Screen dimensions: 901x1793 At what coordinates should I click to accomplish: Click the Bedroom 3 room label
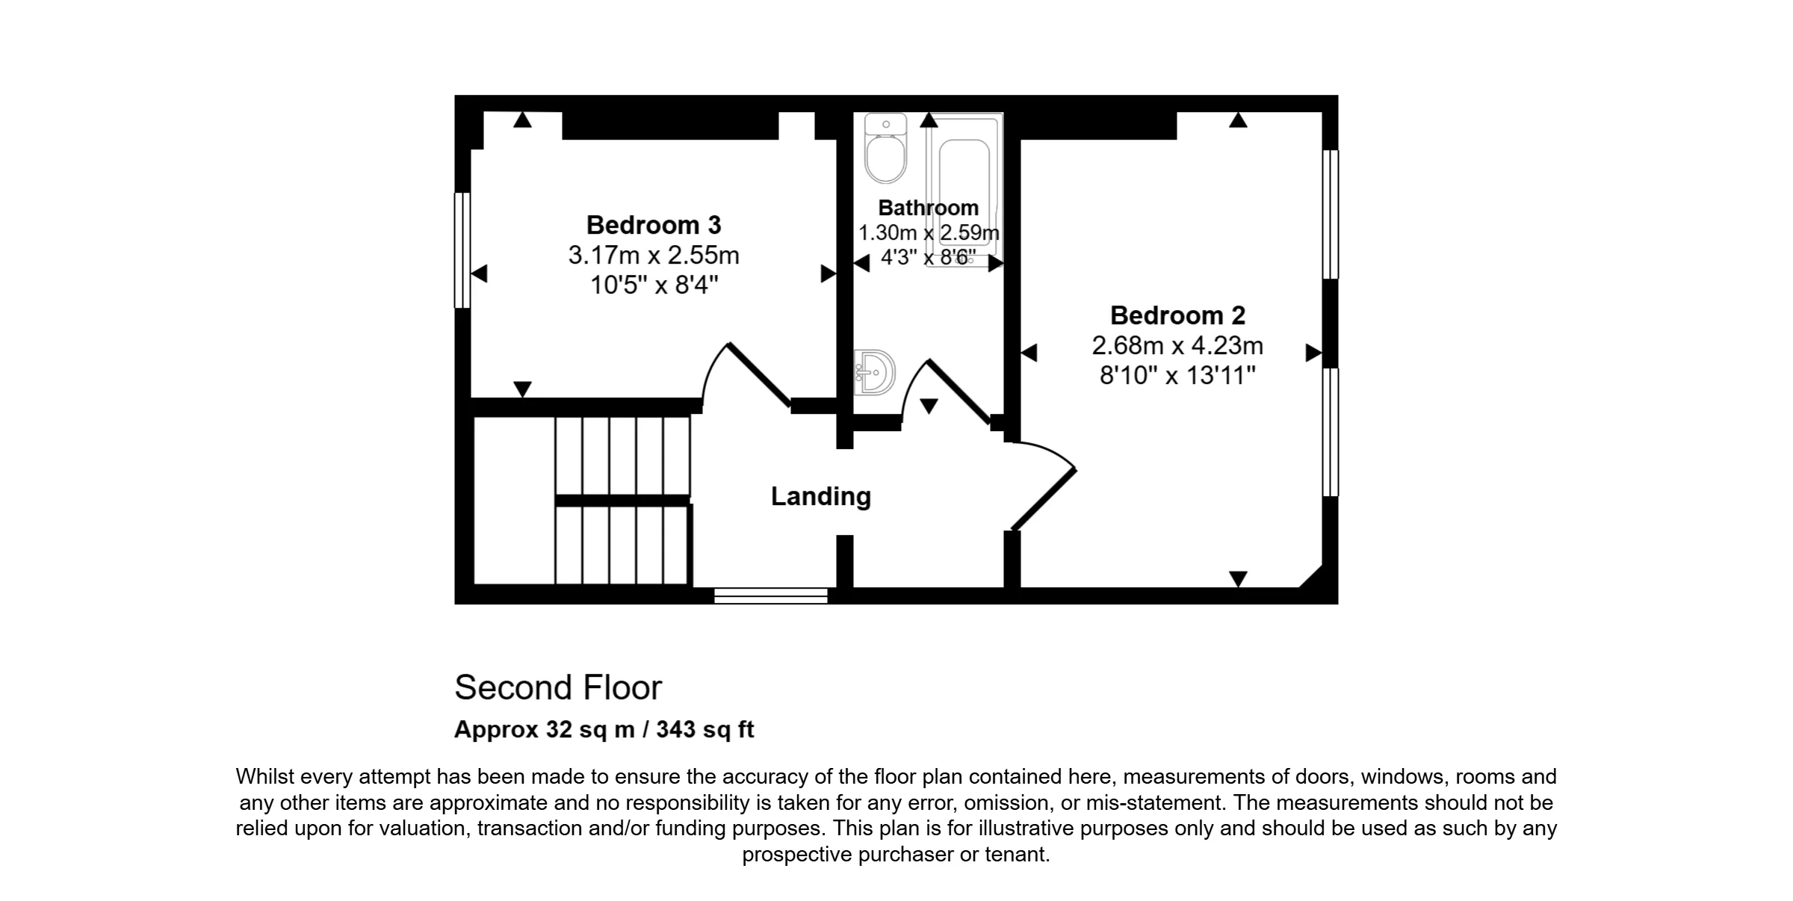click(654, 225)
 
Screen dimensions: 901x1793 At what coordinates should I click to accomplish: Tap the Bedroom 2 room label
click(1177, 315)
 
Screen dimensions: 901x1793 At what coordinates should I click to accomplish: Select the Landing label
click(820, 496)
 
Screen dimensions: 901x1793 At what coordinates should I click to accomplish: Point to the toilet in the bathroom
click(885, 149)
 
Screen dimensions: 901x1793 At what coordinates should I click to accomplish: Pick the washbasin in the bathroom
click(875, 372)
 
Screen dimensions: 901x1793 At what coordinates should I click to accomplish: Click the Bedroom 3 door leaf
click(759, 375)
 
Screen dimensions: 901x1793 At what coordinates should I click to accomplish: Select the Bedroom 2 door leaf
click(1044, 500)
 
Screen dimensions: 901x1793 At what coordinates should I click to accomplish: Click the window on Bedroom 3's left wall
click(462, 250)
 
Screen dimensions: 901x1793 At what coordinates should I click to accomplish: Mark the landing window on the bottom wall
click(771, 595)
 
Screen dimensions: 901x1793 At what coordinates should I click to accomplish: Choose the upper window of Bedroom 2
click(1331, 214)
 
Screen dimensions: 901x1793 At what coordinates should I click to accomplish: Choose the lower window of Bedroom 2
click(1331, 432)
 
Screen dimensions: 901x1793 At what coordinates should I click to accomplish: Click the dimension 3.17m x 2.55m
click(654, 256)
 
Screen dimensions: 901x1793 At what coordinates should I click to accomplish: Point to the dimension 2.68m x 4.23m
click(1177, 346)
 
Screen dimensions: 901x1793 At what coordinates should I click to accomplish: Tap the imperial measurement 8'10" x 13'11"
click(1177, 375)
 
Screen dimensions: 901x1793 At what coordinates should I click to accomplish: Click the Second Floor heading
click(558, 687)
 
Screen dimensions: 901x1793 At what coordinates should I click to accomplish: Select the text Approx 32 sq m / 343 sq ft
click(604, 729)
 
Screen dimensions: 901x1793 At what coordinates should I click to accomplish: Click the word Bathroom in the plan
click(928, 208)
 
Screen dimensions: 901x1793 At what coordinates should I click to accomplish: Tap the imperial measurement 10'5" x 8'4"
click(654, 285)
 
